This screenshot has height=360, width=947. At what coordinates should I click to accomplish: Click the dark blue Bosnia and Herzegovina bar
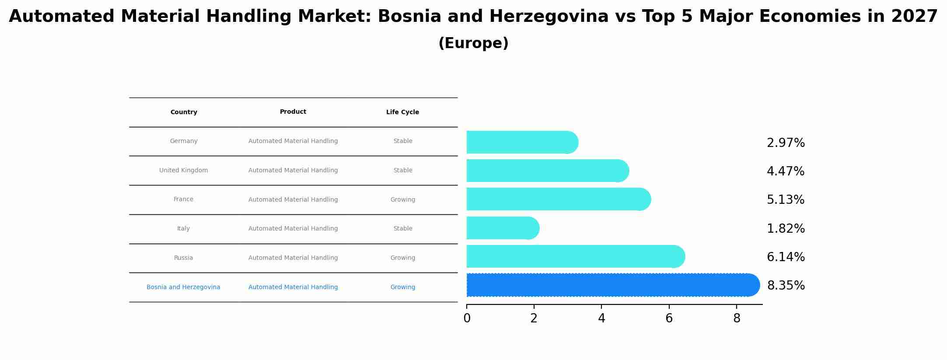pos(612,285)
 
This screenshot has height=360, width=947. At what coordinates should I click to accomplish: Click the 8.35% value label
pos(786,286)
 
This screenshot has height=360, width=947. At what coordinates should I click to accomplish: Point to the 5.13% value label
pos(785,200)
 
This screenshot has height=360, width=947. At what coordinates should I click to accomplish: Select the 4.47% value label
pos(785,171)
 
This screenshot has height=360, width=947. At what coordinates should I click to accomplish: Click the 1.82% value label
pos(786,229)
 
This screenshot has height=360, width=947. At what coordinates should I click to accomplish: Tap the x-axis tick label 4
pos(601,318)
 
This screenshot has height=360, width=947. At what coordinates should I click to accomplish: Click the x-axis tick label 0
pos(467,318)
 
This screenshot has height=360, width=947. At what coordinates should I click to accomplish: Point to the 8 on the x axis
pos(737,318)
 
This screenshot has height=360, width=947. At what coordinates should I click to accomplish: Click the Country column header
pos(184,112)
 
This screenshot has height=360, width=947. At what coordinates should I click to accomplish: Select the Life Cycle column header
pos(402,112)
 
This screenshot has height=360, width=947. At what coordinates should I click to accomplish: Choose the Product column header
pos(293,112)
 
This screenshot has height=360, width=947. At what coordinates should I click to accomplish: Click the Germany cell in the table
pos(184,141)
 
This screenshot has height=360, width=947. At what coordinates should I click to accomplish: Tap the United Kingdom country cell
pos(183,171)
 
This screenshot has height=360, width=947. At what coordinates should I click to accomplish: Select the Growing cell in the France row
pos(402,199)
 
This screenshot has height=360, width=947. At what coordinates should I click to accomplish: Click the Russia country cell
pos(183,258)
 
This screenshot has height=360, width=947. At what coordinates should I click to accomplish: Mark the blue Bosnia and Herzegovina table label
pos(183,287)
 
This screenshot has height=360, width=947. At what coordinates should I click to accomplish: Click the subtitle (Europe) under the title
pos(473,43)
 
